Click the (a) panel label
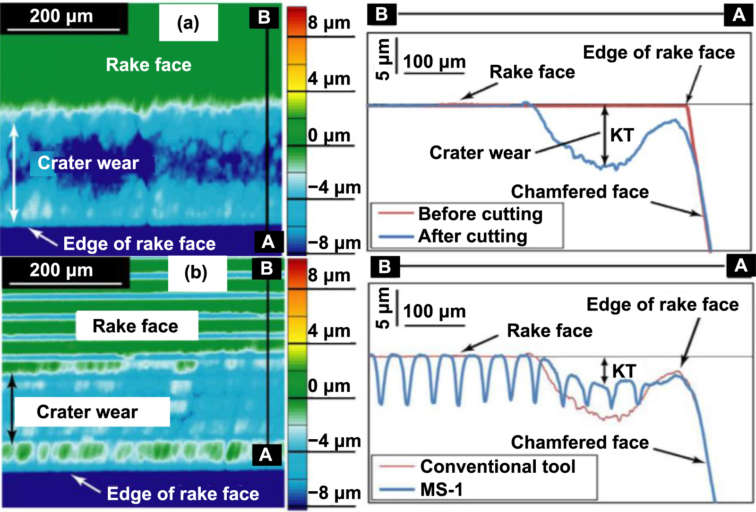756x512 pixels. [188, 23]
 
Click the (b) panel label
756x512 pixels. [196, 273]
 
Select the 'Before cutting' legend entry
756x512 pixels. [480, 214]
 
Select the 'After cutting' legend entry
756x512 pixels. [472, 236]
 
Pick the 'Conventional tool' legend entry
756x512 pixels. [497, 467]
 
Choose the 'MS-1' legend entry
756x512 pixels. [441, 489]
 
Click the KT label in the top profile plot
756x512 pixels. [622, 135]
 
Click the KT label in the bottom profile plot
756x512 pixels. [624, 371]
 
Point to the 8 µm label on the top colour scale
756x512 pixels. [329, 23]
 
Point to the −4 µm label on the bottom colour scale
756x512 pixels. [335, 441]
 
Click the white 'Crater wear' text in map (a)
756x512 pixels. [88, 163]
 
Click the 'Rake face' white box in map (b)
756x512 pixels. [136, 326]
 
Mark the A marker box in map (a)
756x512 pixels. [268, 242]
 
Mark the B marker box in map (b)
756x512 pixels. [266, 269]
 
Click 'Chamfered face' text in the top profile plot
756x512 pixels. [580, 192]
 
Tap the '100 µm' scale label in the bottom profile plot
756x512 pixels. [434, 312]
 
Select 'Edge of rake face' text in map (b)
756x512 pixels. [183, 494]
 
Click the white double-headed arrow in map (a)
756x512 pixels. [14, 173]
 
